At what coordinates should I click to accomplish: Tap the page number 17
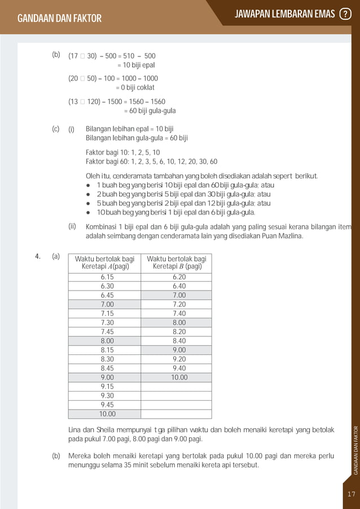(x=352, y=494)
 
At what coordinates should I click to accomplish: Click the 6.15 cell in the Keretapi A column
(x=106, y=277)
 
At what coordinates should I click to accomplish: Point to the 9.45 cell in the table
(x=106, y=404)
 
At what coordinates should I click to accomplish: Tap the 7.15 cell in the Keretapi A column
(x=106, y=313)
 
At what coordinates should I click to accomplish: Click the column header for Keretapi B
(x=177, y=262)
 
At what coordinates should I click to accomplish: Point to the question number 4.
(x=37, y=257)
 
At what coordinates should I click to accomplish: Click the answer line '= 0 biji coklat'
(x=135, y=87)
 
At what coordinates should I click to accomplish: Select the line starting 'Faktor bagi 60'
(x=151, y=162)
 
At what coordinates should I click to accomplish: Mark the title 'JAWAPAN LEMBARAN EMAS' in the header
(x=284, y=14)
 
